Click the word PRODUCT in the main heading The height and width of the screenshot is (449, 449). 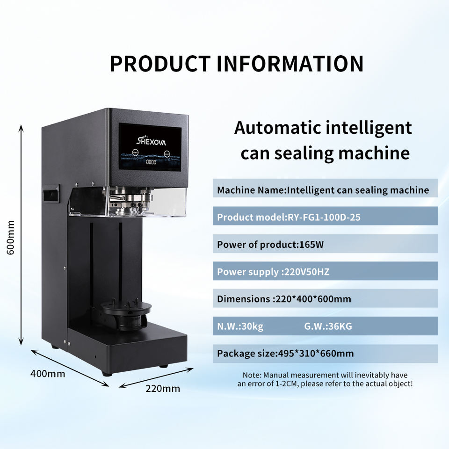point(160,64)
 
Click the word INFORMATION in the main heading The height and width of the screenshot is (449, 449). point(290,64)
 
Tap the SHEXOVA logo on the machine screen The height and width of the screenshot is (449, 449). point(151,140)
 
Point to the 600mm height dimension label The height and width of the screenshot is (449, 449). point(11,238)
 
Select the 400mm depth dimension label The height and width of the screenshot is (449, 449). point(48,374)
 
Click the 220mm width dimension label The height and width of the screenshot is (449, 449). point(162,388)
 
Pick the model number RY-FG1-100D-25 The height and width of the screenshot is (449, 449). point(324,217)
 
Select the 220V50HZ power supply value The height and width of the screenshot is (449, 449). point(306,272)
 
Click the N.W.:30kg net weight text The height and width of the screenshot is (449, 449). point(240,326)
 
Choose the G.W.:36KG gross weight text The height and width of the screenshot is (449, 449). point(328,326)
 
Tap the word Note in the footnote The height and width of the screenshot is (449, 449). point(252,375)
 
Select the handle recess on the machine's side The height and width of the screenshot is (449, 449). point(51,193)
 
